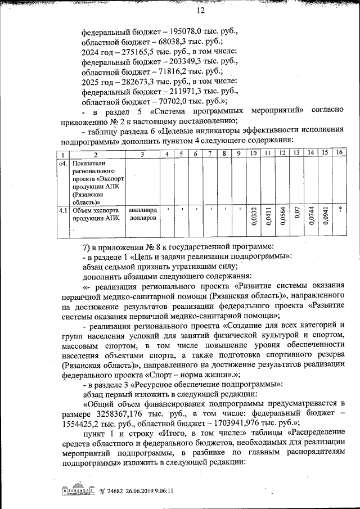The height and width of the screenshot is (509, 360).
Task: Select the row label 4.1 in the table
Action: click(64, 210)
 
